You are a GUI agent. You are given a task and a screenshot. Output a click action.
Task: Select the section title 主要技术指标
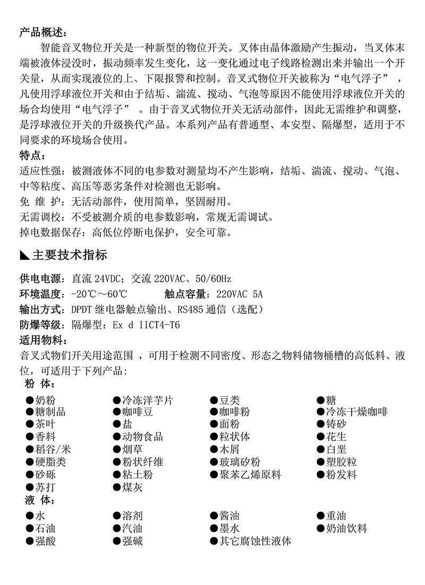point(70,255)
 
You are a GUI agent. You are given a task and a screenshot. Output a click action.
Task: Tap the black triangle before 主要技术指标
point(24,255)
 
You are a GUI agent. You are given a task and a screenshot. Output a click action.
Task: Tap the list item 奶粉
point(45,400)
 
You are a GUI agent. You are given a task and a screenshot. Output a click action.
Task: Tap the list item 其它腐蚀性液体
point(256,541)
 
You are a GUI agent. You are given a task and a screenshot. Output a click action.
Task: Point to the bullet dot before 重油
point(321,516)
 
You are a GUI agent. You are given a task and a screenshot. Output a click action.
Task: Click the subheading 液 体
point(39,501)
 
